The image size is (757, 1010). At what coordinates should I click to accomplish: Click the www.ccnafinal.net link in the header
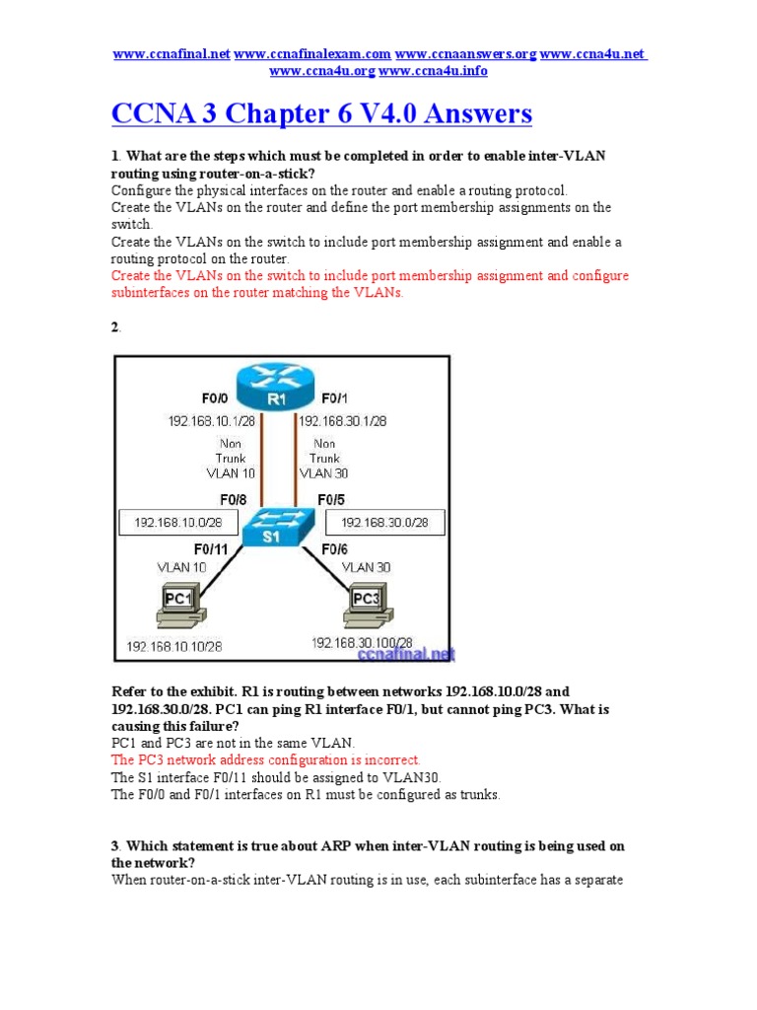(x=172, y=53)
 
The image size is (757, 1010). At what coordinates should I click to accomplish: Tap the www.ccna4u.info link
(x=433, y=71)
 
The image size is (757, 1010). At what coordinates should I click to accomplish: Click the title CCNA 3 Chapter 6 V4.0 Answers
(x=322, y=114)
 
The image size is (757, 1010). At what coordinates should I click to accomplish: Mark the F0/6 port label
(x=331, y=548)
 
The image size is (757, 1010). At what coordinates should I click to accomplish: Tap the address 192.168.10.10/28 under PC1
(x=174, y=648)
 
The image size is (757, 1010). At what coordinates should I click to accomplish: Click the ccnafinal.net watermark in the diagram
(x=415, y=654)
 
